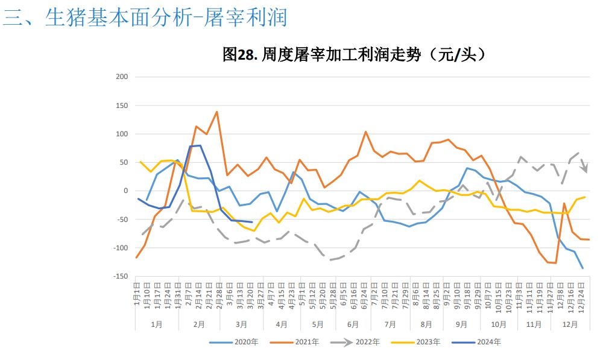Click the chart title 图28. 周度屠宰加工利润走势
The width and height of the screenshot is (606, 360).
click(x=354, y=55)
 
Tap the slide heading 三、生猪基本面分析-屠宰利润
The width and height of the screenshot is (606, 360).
click(x=145, y=18)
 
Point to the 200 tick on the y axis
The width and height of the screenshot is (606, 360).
click(x=122, y=77)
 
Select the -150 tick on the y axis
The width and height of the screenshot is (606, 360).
click(x=120, y=276)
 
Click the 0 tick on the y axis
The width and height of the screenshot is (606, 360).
click(x=125, y=191)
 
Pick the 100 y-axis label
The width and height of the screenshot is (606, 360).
click(x=122, y=134)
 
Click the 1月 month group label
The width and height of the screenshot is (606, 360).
click(x=157, y=324)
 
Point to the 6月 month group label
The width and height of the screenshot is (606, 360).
click(x=353, y=324)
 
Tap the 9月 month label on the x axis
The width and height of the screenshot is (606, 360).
click(x=461, y=324)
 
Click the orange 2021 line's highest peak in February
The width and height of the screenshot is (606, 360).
click(x=216, y=112)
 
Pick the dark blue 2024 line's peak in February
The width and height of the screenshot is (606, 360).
click(x=200, y=145)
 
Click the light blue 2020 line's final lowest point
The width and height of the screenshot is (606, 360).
click(x=583, y=268)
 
